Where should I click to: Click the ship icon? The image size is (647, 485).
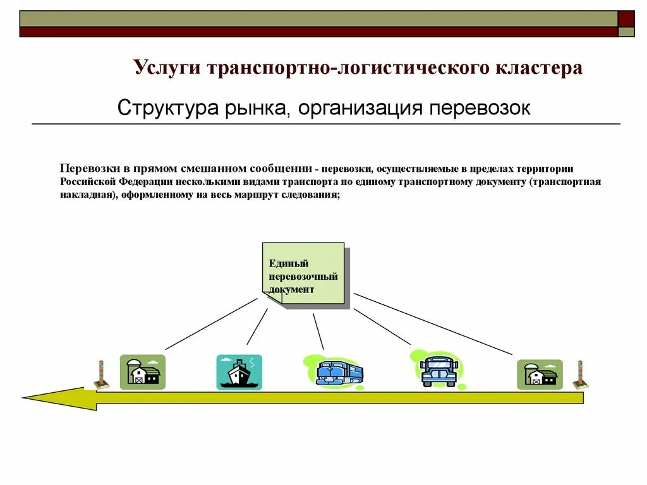[x=239, y=372]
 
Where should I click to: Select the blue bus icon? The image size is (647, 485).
[x=438, y=370]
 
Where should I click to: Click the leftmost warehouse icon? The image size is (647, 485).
[x=142, y=372]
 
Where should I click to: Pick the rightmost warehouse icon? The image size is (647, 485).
[x=539, y=374]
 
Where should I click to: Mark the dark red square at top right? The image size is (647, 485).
[x=626, y=18]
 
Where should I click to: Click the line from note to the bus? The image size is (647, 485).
[x=382, y=326]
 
